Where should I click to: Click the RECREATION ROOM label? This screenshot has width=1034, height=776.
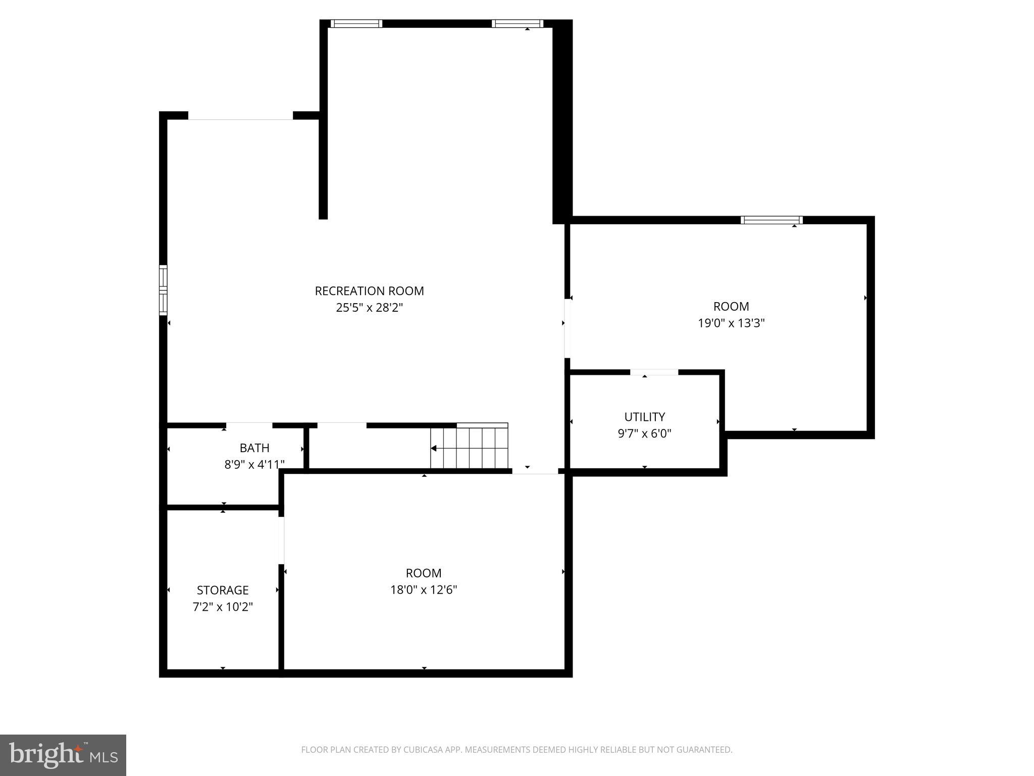tap(369, 291)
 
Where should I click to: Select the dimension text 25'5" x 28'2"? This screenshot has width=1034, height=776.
tap(369, 308)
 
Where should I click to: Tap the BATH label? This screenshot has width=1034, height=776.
tap(254, 448)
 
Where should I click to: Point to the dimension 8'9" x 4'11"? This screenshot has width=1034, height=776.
tap(254, 464)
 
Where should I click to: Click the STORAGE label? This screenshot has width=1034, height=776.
tap(223, 590)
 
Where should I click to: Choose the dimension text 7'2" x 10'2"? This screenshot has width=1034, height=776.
tap(223, 607)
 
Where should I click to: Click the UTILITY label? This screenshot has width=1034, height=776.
tap(645, 417)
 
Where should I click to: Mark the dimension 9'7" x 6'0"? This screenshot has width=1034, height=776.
tap(645, 433)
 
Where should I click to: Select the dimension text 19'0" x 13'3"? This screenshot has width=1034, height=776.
tap(731, 323)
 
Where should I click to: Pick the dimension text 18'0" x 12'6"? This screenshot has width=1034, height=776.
tap(424, 590)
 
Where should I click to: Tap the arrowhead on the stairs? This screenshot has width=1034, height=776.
tap(434, 448)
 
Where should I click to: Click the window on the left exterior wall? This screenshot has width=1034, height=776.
tap(163, 290)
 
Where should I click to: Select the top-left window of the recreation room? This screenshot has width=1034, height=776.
tap(356, 23)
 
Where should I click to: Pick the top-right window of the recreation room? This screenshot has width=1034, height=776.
tap(518, 23)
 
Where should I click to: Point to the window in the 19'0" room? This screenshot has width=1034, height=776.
tap(771, 220)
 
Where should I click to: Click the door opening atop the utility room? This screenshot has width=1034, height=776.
tap(654, 372)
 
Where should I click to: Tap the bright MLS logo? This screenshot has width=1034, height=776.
tap(63, 755)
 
